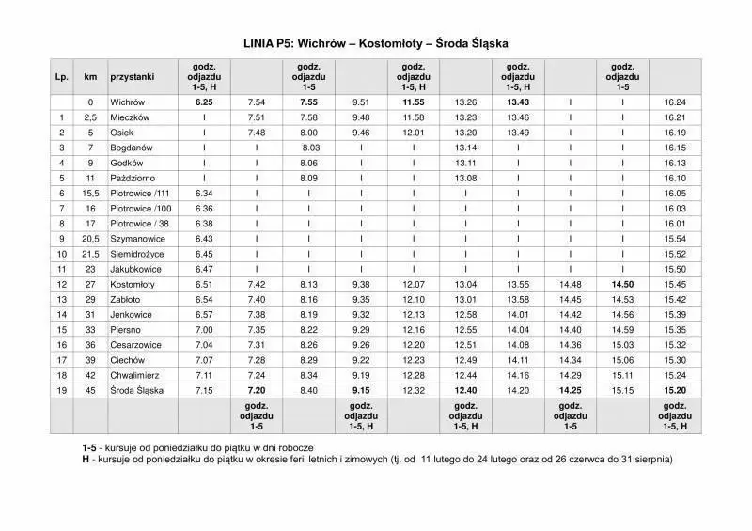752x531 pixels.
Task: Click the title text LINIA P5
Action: point(376,42)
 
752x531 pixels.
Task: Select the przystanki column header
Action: point(132,75)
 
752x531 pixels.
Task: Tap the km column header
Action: point(90,75)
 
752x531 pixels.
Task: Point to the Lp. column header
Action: point(62,75)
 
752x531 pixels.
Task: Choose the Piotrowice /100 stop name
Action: point(141,208)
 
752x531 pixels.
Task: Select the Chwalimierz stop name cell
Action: point(134,375)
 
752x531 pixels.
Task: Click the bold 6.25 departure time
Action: point(204,102)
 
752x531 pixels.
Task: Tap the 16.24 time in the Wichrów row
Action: point(674,102)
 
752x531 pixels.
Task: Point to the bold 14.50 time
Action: point(621,284)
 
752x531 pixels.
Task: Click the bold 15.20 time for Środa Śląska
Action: point(674,390)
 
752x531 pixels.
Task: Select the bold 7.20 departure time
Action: point(257,390)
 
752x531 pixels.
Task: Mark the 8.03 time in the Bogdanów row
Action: point(311,148)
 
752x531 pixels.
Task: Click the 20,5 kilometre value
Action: point(90,239)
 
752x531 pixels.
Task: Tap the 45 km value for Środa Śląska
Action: point(90,390)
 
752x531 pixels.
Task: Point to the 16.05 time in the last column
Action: point(674,193)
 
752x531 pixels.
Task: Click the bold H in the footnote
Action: point(86,461)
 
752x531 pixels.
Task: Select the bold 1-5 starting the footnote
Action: point(89,448)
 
